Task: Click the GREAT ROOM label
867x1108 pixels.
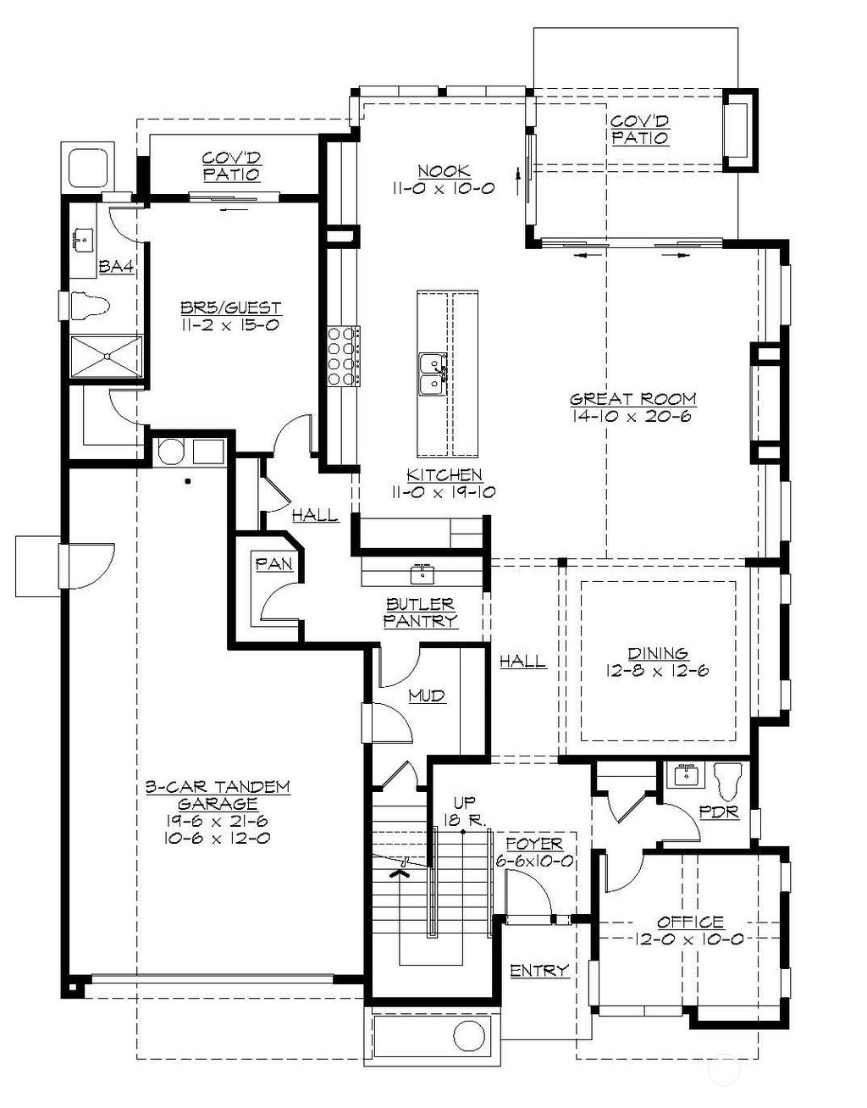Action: [x=632, y=398]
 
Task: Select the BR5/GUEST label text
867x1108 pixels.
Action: [x=230, y=307]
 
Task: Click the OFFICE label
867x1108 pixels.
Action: [x=690, y=922]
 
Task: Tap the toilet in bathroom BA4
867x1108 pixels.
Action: [x=91, y=305]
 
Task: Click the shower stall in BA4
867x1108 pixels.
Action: [x=106, y=356]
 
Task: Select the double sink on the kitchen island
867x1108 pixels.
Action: [x=433, y=374]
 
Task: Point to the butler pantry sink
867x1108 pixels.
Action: [x=422, y=574]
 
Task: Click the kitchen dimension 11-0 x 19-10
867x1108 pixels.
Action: [x=443, y=492]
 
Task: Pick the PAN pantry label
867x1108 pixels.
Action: [x=274, y=563]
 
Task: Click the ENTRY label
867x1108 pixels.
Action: [x=539, y=970]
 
